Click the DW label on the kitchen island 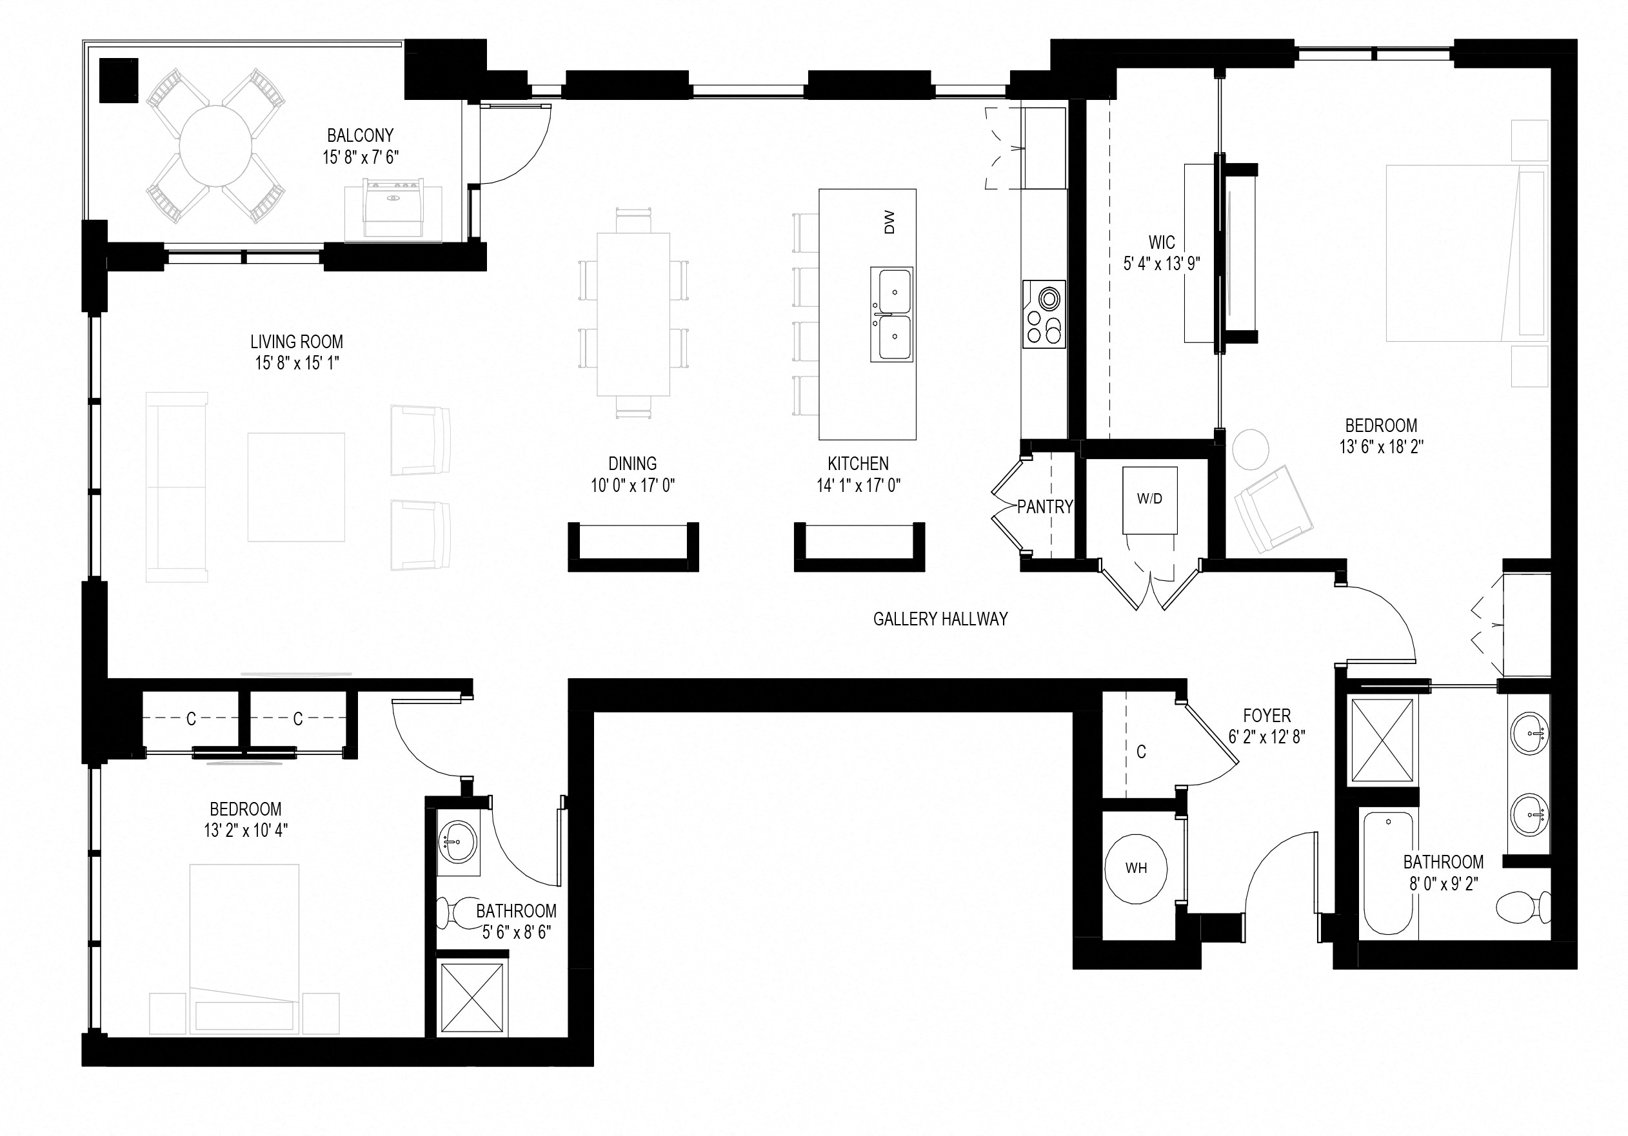click(889, 222)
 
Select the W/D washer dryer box click(1149, 499)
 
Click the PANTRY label click(1044, 507)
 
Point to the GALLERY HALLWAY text click(940, 619)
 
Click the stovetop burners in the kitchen click(1044, 315)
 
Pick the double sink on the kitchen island click(892, 314)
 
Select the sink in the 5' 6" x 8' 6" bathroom click(457, 843)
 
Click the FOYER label click(1266, 716)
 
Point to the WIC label click(1162, 242)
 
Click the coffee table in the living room click(295, 487)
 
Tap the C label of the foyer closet click(1141, 752)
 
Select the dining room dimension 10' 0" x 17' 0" click(633, 485)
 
